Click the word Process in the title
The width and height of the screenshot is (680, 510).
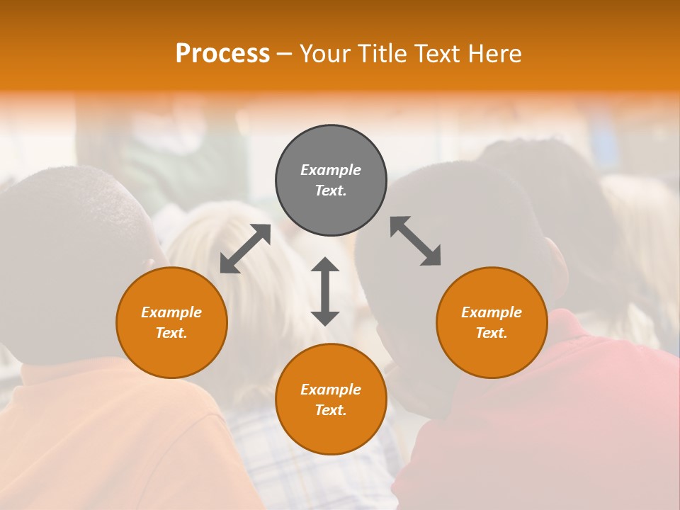[x=222, y=54]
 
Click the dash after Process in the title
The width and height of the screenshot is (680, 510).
[x=285, y=55]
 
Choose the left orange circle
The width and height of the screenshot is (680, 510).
[x=171, y=322]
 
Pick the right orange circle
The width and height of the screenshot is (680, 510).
[x=492, y=322]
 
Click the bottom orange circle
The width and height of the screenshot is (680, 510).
[x=331, y=399]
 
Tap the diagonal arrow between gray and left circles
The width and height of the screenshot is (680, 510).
[x=245, y=249]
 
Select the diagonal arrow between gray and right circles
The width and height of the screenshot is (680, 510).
[x=416, y=242]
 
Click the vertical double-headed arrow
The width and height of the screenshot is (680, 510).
[x=325, y=291]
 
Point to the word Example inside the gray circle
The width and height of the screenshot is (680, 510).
[x=331, y=170]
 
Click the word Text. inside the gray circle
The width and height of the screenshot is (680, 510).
[x=331, y=191]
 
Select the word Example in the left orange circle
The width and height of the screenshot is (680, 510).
[x=171, y=312]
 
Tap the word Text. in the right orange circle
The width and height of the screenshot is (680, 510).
[x=492, y=333]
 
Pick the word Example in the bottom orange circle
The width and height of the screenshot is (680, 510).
[x=331, y=390]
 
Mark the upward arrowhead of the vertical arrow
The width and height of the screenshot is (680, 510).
[x=325, y=265]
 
